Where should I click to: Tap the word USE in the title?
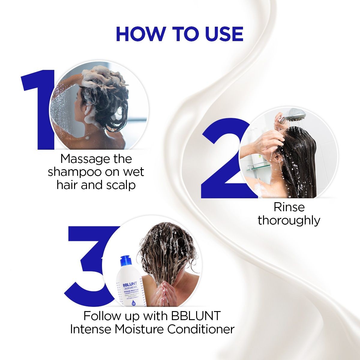click(224, 34)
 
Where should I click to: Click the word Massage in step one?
click(82, 159)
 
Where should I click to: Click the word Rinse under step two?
click(289, 207)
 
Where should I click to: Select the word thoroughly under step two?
click(289, 220)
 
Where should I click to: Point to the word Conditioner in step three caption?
click(201, 329)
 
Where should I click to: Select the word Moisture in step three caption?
click(139, 329)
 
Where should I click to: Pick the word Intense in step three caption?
click(91, 329)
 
